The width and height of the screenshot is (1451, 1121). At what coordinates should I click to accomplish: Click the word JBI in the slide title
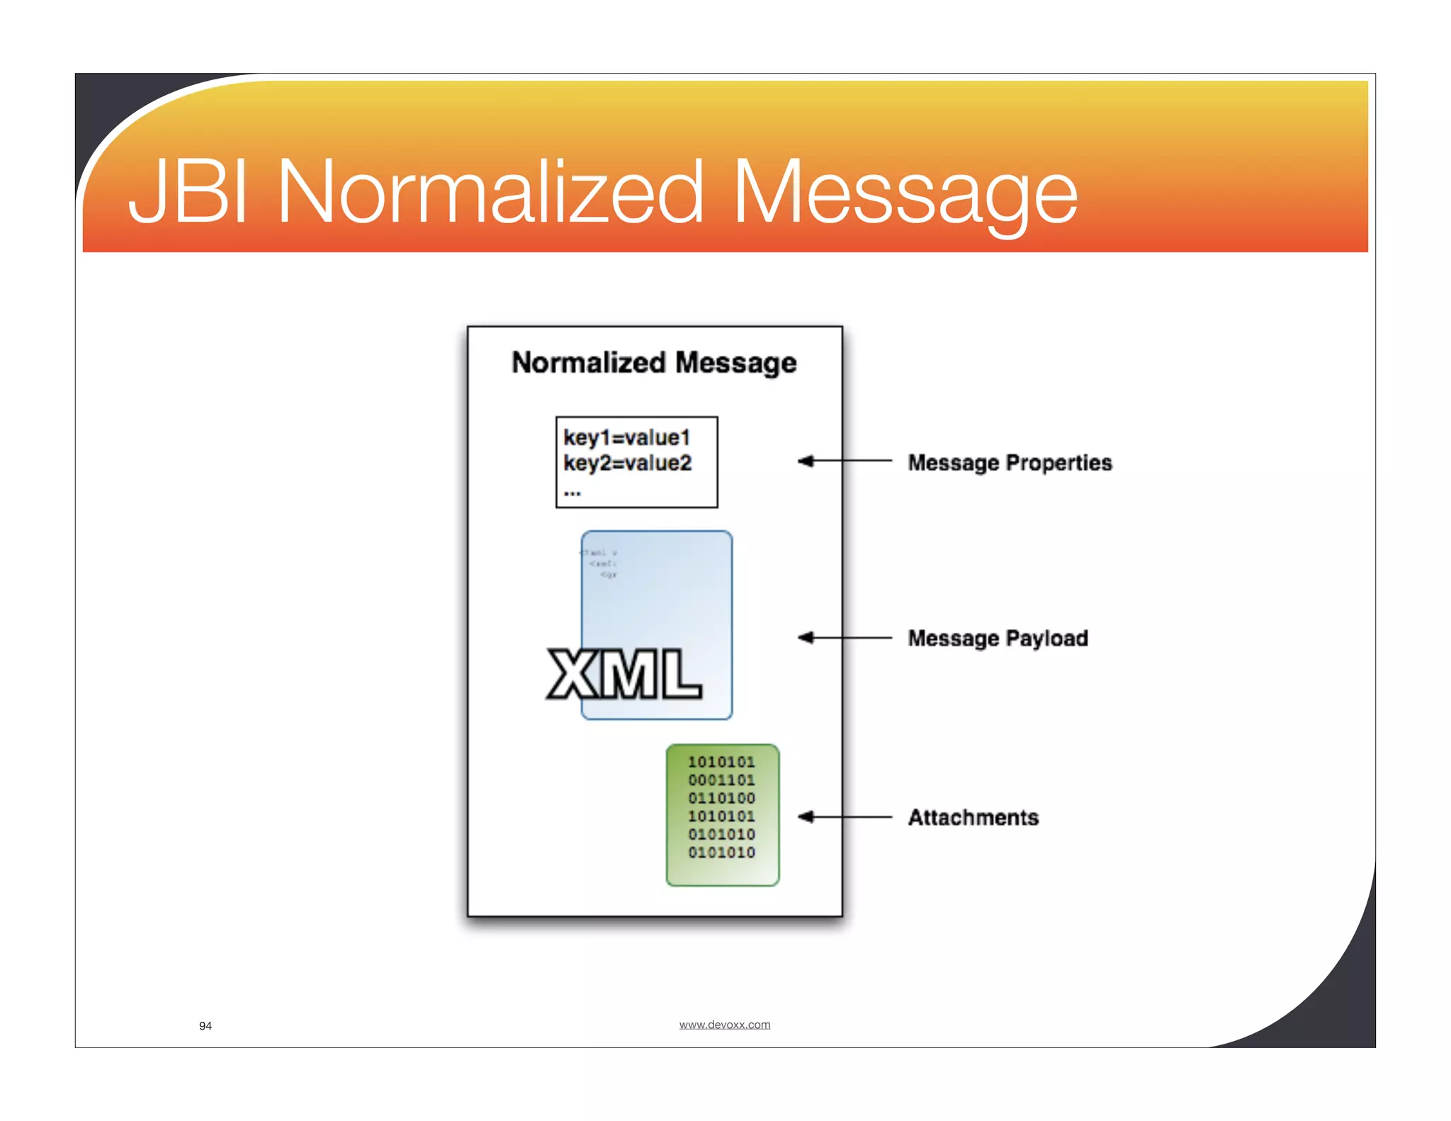188,192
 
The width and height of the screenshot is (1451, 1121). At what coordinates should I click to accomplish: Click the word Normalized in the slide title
489,192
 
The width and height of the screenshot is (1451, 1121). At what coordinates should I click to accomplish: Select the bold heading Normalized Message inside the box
654,363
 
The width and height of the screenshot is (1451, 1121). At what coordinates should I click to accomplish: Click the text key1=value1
626,438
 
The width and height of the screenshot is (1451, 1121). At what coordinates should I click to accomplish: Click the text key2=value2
627,463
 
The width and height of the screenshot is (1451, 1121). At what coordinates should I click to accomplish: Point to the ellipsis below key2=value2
572,492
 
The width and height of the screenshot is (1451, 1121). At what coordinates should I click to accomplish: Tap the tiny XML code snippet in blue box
600,563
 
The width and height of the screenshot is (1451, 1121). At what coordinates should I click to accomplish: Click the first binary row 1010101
721,762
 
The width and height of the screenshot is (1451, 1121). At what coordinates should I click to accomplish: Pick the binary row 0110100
721,799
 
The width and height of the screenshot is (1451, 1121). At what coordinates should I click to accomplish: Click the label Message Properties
1010,463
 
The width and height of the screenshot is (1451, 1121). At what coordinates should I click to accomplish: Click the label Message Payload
998,638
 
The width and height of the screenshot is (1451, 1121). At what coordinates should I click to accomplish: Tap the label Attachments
973,818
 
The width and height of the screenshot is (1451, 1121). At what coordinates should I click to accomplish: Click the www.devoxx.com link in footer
724,1025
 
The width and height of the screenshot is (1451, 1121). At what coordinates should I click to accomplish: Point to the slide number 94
205,1026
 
